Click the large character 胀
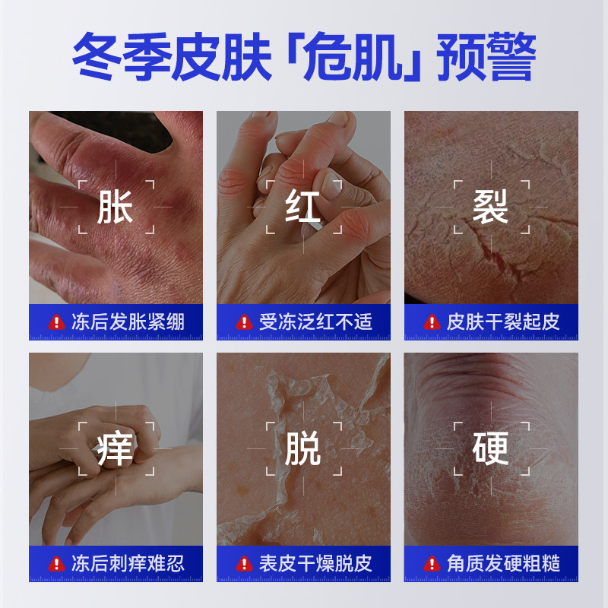tap(116, 207)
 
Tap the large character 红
tap(303, 207)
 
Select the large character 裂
tap(490, 207)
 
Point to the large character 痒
tap(116, 448)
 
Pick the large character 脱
tap(303, 448)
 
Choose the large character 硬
tap(490, 448)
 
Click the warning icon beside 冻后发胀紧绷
tap(56, 322)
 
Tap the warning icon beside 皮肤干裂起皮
tap(432, 322)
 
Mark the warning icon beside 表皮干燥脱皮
tap(244, 564)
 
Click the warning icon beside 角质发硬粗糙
tap(432, 564)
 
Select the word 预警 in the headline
tap(487, 55)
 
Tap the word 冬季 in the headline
tap(120, 55)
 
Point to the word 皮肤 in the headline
tap(220, 55)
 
